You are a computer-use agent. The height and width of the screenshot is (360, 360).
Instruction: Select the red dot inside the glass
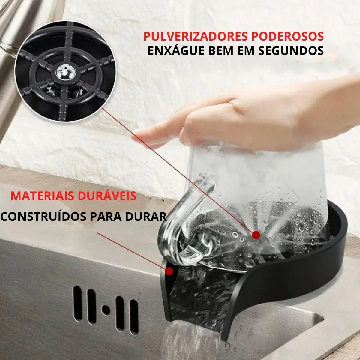tap(256, 235)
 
